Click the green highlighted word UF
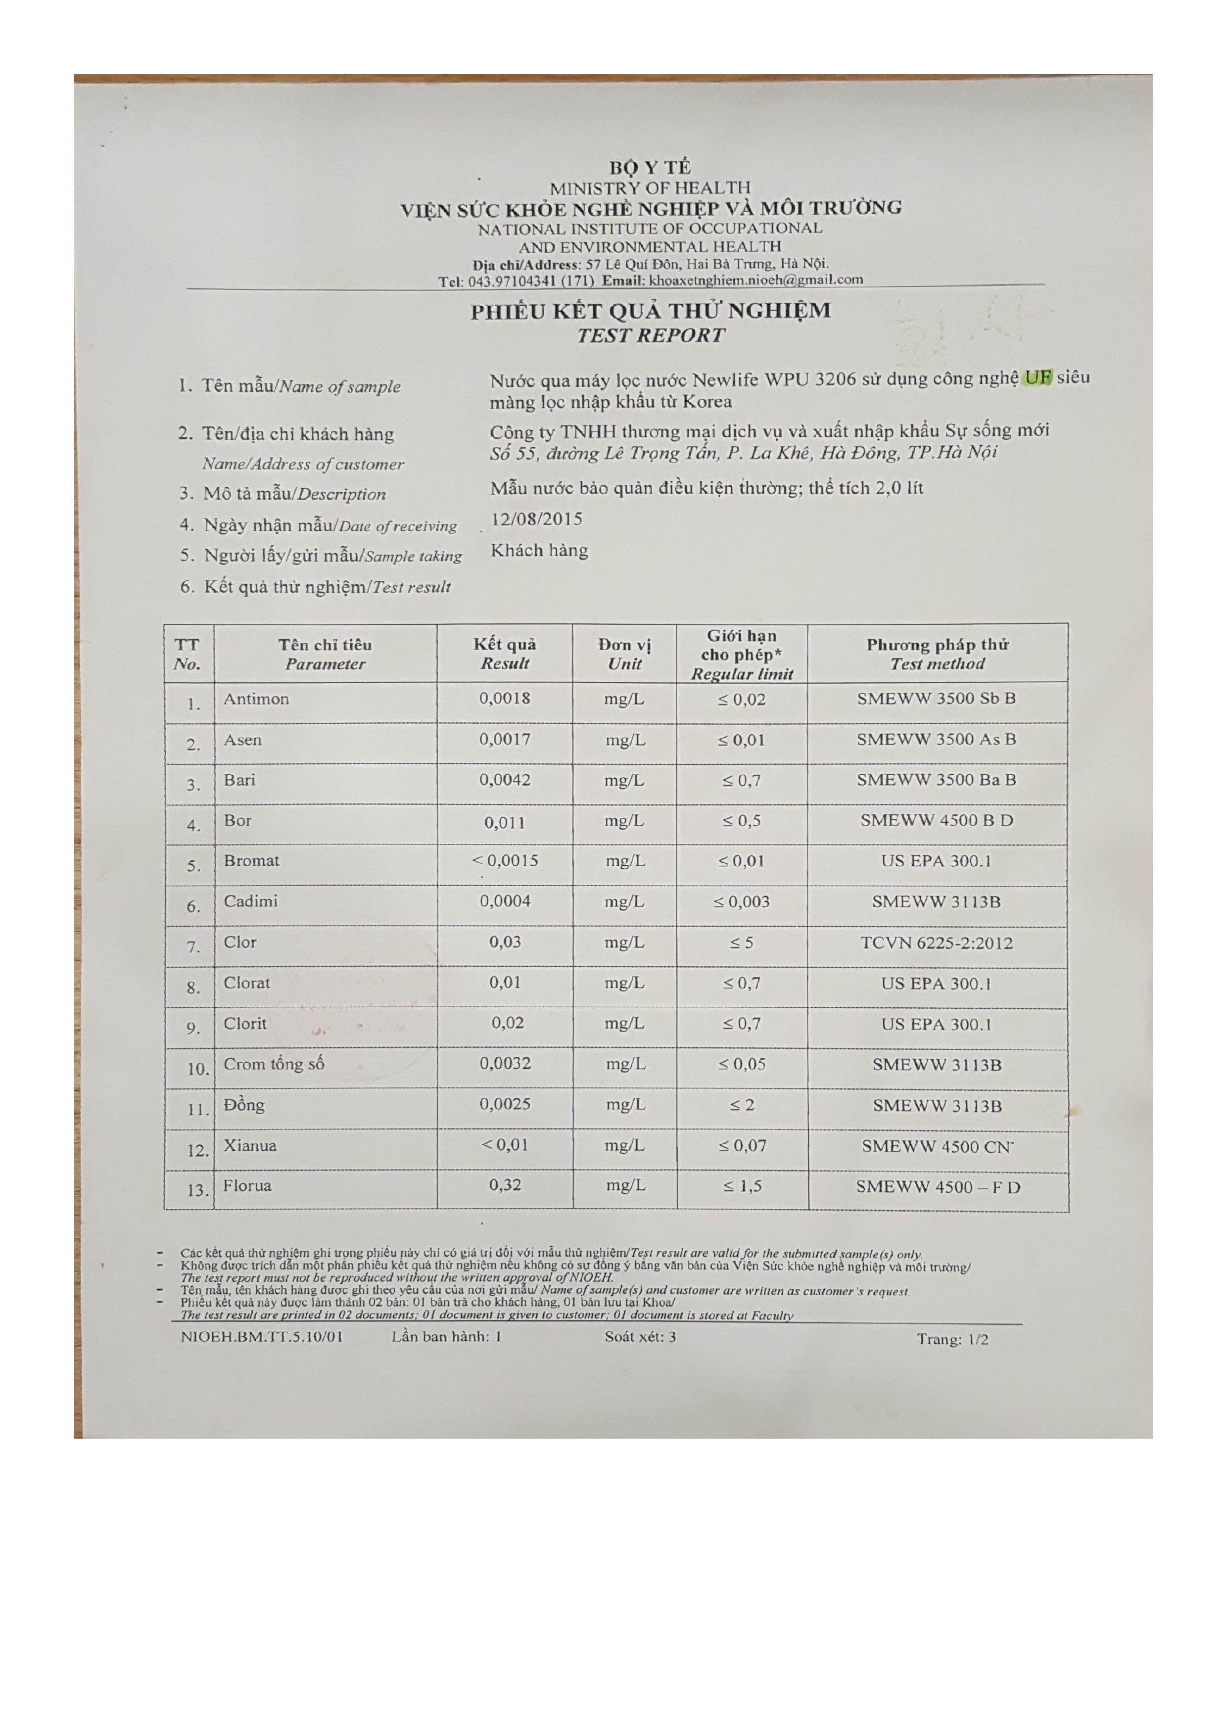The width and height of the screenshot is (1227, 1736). pos(1037,377)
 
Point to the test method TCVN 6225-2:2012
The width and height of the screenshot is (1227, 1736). pos(936,943)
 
